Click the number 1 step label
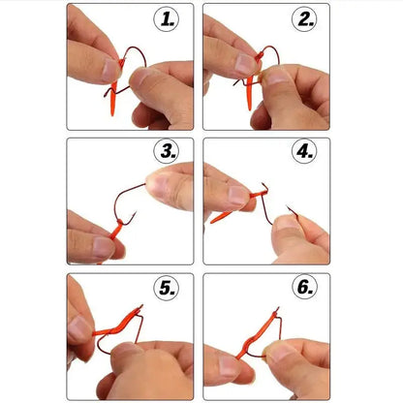[x=170, y=18]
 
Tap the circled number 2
[x=306, y=18]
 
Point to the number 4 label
[x=306, y=153]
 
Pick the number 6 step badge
[x=306, y=288]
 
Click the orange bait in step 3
[x=117, y=231]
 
